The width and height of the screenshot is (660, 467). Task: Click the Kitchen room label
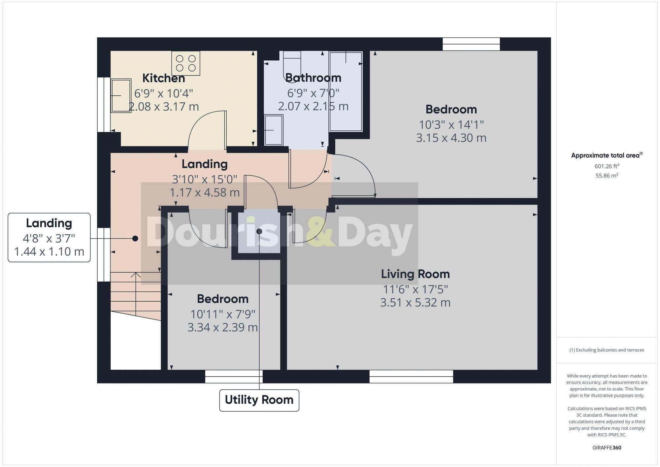coord(163,78)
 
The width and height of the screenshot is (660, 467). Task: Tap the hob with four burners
coord(186,63)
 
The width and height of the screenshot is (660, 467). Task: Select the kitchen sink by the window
coord(121,95)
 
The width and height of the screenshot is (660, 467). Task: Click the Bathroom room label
coord(313,78)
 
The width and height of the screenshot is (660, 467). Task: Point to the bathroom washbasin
coord(274,130)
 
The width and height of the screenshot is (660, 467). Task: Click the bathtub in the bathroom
coord(346,91)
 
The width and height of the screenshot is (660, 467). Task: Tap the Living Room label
coord(415,274)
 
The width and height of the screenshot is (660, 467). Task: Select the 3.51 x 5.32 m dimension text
coord(415,302)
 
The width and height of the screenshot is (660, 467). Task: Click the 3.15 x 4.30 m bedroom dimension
coord(451,138)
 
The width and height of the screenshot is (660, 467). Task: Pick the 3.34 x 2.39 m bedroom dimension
coord(222,327)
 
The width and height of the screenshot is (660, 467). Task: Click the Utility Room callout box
coord(259,400)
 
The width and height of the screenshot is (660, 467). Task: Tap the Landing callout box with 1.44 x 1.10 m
coord(49,238)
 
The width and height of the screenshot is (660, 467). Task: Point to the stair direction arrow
coord(136,276)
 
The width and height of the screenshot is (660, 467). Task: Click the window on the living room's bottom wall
coord(411,376)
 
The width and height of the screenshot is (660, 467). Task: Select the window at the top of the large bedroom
coord(471,44)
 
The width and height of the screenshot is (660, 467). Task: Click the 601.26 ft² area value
coord(607,166)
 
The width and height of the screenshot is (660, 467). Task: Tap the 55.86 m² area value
coord(607,176)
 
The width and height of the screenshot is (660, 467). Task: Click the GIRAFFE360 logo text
coord(607,448)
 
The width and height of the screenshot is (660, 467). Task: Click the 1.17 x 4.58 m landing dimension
coord(205,192)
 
